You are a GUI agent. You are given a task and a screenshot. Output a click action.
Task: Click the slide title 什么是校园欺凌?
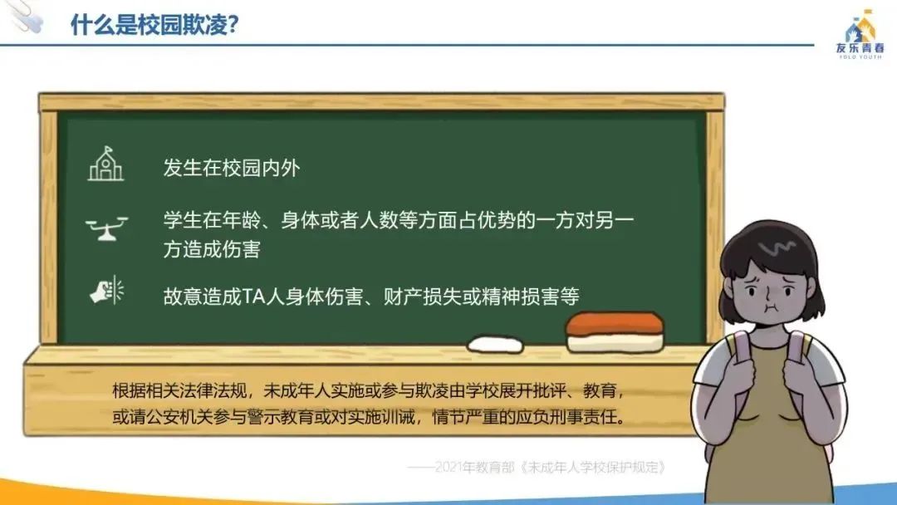154,25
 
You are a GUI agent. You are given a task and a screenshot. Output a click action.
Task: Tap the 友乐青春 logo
860,35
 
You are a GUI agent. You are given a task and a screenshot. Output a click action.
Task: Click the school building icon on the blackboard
105,164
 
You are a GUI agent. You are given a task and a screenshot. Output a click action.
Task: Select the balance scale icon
106,228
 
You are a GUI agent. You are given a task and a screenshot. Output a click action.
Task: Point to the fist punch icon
107,291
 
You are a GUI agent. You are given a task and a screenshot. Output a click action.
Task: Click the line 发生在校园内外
232,168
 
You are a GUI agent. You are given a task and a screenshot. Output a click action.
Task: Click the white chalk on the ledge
495,345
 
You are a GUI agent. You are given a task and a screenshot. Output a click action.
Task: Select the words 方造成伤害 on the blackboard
212,249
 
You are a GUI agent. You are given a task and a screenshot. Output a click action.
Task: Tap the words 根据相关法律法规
179,391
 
